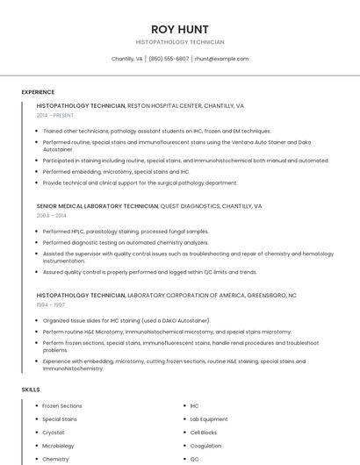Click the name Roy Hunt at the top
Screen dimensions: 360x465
click(179, 29)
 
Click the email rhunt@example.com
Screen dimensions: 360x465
click(221, 59)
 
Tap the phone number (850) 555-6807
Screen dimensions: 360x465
click(169, 59)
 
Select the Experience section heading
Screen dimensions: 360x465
click(38, 92)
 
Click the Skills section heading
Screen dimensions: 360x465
click(31, 389)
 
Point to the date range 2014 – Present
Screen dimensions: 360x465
click(54, 115)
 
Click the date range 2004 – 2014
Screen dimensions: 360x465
click(51, 215)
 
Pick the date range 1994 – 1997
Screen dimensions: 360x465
click(51, 305)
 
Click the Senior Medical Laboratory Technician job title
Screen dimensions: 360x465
click(97, 206)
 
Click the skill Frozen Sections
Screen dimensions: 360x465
click(62, 406)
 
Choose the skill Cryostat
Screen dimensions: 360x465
click(54, 433)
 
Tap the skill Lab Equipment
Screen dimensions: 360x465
click(209, 419)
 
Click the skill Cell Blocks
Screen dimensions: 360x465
click(204, 433)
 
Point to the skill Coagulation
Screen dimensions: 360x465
click(206, 446)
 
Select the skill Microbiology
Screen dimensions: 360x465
click(59, 446)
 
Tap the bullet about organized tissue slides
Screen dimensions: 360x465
click(126, 321)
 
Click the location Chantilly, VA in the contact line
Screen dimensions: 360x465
click(127, 59)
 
